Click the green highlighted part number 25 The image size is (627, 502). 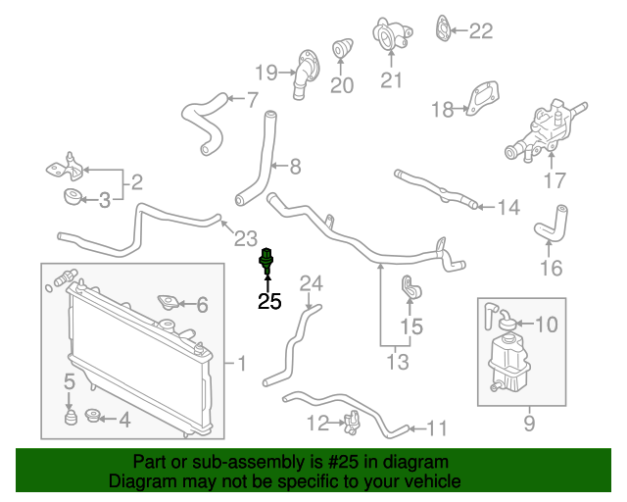[x=265, y=261]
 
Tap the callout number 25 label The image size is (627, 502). [x=268, y=303]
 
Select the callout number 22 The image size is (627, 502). [x=480, y=31]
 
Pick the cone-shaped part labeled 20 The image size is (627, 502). [x=344, y=50]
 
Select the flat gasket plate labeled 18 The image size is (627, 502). [x=476, y=102]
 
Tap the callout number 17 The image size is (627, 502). [x=555, y=180]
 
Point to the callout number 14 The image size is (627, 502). [x=507, y=207]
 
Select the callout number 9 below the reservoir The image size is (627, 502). [x=529, y=424]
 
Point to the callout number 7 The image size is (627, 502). [x=251, y=99]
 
